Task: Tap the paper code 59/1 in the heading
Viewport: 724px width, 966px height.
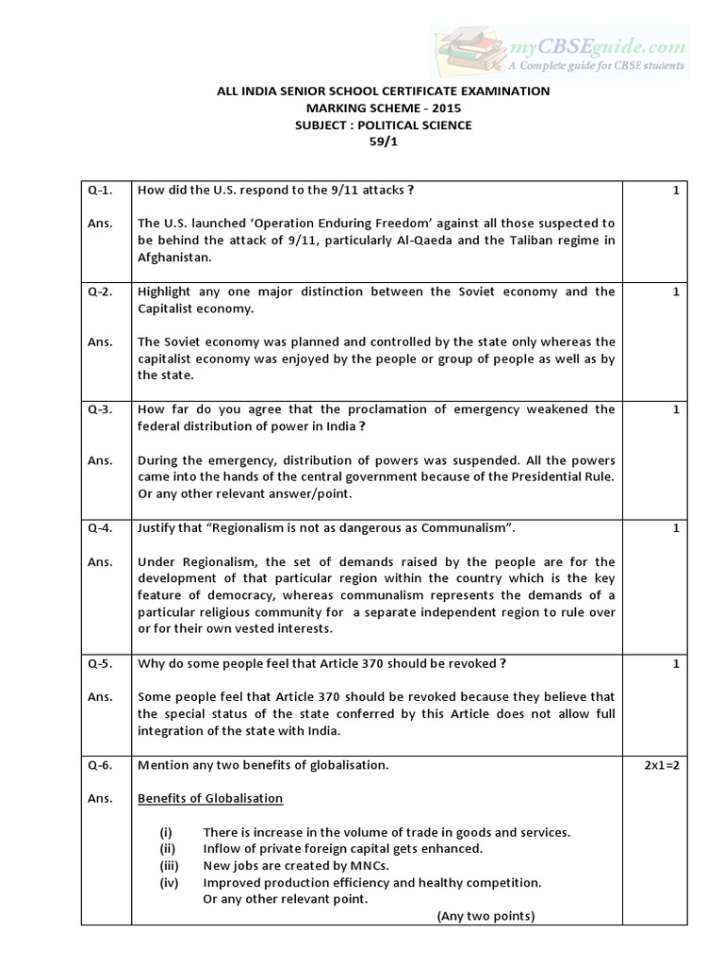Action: tap(383, 142)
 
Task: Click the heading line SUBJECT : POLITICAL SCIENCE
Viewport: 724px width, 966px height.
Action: tap(383, 125)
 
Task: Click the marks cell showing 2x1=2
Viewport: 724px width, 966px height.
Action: tap(662, 765)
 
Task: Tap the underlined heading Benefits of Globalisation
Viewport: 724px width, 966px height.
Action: tap(210, 798)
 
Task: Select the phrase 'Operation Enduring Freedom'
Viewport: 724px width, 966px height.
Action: tap(303, 224)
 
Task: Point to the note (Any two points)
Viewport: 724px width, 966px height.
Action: tap(485, 916)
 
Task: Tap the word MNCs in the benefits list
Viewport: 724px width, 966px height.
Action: tap(368, 865)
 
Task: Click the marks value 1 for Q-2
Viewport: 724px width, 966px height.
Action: tap(676, 291)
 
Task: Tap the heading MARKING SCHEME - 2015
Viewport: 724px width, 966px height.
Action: tap(383, 108)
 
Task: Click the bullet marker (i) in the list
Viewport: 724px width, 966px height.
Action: tap(166, 832)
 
